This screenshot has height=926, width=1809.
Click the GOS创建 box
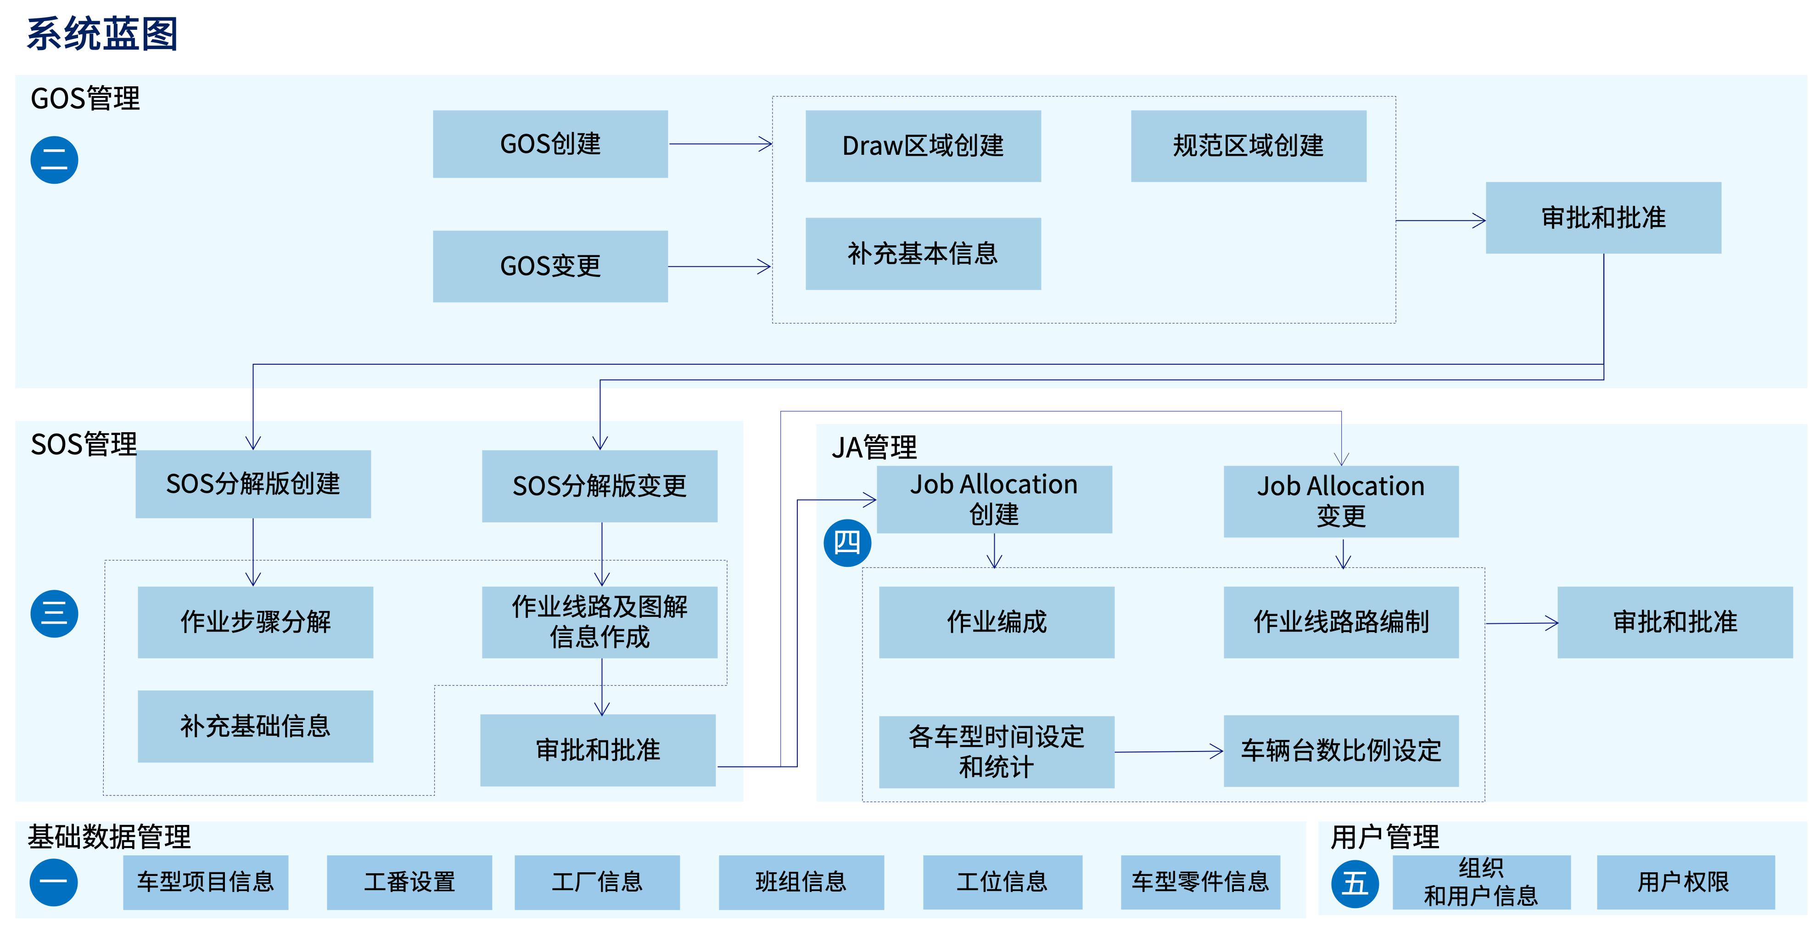tap(550, 144)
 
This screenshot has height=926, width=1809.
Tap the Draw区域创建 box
tap(923, 146)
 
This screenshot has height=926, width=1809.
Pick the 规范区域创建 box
tap(1248, 146)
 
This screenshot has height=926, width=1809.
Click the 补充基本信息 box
tap(923, 254)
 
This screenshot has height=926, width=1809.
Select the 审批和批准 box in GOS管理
tap(1603, 218)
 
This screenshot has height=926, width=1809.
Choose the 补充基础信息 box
tap(255, 726)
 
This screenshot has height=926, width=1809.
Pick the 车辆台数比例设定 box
tap(1341, 751)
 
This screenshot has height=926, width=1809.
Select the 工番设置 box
tap(409, 882)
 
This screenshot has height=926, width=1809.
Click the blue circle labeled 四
tap(847, 543)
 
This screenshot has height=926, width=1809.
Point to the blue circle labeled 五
tap(1355, 883)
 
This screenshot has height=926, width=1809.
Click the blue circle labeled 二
tap(54, 160)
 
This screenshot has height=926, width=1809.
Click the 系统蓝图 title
tap(102, 34)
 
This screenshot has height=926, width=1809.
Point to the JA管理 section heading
tap(874, 447)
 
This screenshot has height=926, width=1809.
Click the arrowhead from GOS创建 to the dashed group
tap(766, 144)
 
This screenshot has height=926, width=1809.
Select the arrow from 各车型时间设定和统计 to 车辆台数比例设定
tap(1169, 752)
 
